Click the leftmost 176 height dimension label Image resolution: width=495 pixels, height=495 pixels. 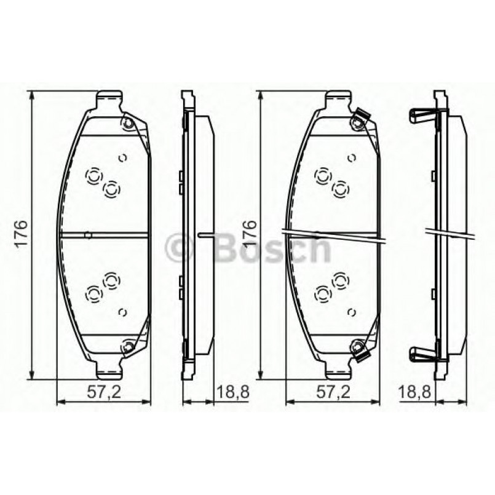click(x=21, y=233)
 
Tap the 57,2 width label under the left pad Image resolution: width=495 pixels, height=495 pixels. click(x=102, y=390)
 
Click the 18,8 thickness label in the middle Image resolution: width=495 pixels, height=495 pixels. click(x=231, y=390)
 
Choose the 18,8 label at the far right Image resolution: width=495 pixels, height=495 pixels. click(x=413, y=390)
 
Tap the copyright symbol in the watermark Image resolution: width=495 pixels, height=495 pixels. click(x=181, y=248)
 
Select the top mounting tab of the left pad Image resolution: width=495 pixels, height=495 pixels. click(x=109, y=99)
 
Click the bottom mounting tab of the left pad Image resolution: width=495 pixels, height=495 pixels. click(x=109, y=369)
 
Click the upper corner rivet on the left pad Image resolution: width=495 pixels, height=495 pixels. click(x=128, y=124)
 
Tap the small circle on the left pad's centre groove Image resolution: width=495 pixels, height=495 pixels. click(x=88, y=234)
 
